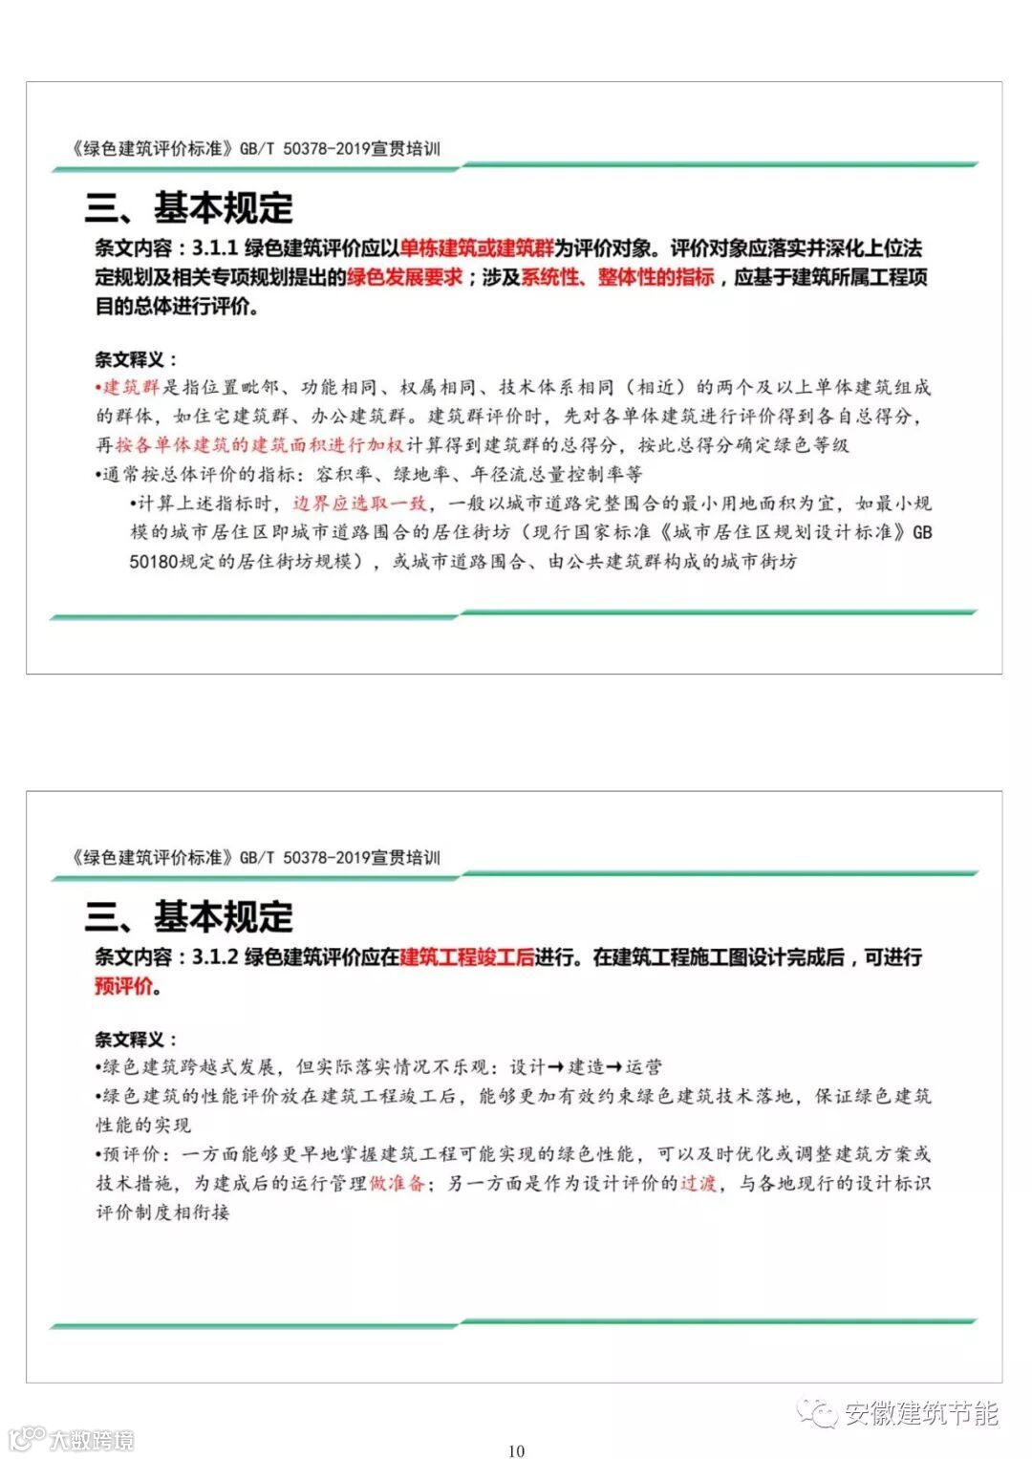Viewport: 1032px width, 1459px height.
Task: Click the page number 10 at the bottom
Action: [x=516, y=1450]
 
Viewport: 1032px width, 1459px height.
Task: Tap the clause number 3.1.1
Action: [x=215, y=248]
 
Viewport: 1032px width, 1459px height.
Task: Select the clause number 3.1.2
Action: [x=215, y=956]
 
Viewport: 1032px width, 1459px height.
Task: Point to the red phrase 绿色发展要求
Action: [x=404, y=278]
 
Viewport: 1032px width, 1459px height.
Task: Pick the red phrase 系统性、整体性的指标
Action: [x=617, y=278]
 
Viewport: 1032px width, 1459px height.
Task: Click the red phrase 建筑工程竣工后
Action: [x=467, y=956]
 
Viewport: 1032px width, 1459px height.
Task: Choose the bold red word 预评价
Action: [x=123, y=986]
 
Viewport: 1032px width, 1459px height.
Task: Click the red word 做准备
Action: [x=397, y=1183]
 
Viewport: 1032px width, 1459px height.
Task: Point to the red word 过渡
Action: [x=699, y=1183]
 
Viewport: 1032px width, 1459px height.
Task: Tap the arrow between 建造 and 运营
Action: [x=614, y=1067]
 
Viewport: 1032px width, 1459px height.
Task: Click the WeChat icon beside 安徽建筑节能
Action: [x=818, y=1413]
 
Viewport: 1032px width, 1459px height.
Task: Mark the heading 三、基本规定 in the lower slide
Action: [x=189, y=917]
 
